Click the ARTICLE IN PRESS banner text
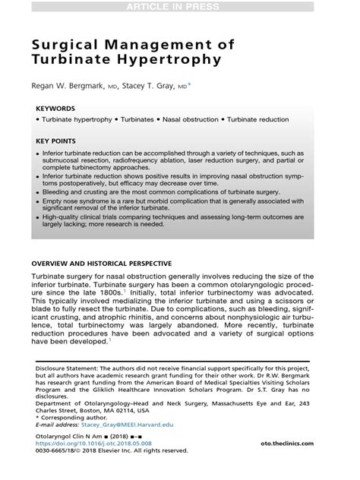pos(179,7)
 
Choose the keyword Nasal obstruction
pos(188,120)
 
